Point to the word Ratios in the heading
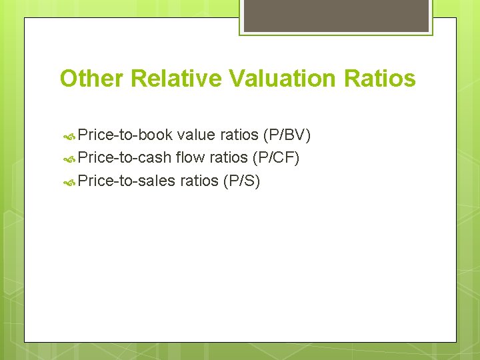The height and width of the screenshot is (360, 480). [x=380, y=79]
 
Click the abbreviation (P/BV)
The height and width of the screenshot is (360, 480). [x=287, y=135]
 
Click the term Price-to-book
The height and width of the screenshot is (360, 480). [x=125, y=135]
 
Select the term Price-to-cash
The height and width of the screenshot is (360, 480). [x=125, y=158]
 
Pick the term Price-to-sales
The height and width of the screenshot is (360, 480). [x=127, y=181]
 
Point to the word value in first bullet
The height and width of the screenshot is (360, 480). [x=194, y=135]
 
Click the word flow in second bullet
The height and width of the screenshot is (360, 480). [x=190, y=158]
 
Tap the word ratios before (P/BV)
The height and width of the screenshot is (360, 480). [x=238, y=135]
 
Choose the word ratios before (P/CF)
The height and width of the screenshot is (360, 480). [x=228, y=158]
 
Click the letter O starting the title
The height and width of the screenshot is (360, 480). [x=68, y=79]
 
